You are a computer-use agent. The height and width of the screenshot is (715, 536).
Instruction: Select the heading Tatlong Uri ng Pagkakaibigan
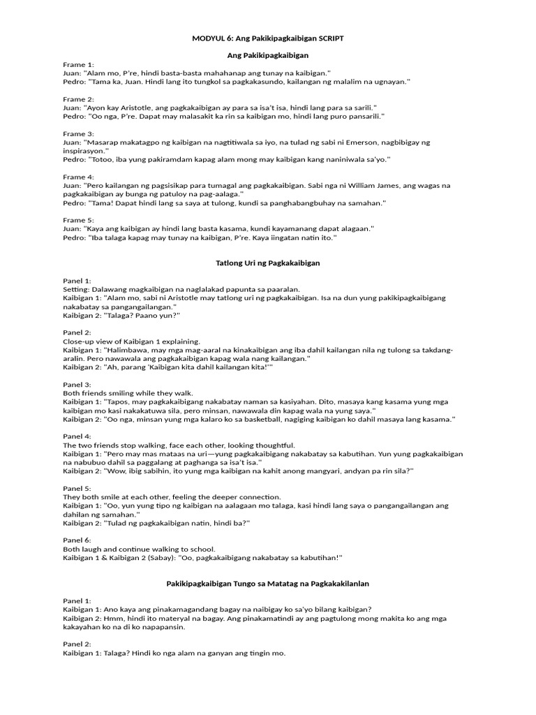point(268,263)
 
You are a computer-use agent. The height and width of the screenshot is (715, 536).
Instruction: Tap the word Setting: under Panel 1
point(77,289)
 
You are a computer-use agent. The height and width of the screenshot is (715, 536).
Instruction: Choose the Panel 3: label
point(77,384)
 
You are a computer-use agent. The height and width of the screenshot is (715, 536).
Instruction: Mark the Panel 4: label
point(77,436)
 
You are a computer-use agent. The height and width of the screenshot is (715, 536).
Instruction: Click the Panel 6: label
point(77,540)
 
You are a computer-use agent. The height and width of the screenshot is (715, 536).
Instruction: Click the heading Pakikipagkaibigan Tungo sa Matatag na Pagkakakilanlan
point(268,583)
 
